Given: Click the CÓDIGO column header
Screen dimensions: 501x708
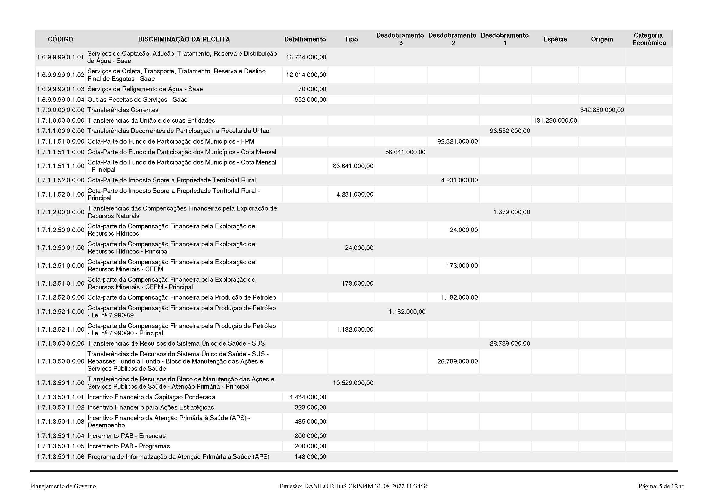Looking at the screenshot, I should pos(61,39).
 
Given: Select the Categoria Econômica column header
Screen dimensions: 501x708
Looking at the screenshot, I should pos(649,39).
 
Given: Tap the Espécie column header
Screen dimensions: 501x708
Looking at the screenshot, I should pos(555,39).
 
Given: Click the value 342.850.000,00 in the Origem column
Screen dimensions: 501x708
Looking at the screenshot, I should pos(602,110).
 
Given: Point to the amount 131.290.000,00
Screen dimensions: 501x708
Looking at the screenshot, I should pos(555,120).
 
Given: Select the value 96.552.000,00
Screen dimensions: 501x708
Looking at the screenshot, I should pos(510,131).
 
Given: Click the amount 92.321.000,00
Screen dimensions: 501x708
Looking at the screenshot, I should pos(457,141).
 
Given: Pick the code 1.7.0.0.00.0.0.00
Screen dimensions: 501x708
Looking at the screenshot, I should pos(61,110).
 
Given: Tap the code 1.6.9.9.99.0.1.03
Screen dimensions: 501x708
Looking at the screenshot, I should pos(61,89).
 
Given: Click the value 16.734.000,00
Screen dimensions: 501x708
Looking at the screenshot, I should pos(306,57).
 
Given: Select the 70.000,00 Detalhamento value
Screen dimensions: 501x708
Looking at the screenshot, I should pos(312,89).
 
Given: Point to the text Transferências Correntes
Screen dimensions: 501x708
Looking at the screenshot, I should pos(123,110).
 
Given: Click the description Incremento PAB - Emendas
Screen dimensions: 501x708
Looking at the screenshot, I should pos(127,436).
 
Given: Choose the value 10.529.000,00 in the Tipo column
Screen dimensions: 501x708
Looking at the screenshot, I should pos(353,383).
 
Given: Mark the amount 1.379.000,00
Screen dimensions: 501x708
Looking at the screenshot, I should pos(512,212).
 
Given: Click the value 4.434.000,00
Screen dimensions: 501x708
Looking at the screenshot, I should pos(308,397).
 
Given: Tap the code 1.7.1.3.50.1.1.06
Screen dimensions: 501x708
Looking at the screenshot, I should pos(61,456).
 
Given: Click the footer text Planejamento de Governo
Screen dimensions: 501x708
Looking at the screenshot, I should pos(63,486).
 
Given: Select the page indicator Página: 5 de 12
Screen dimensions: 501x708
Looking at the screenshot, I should pos(658,486).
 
